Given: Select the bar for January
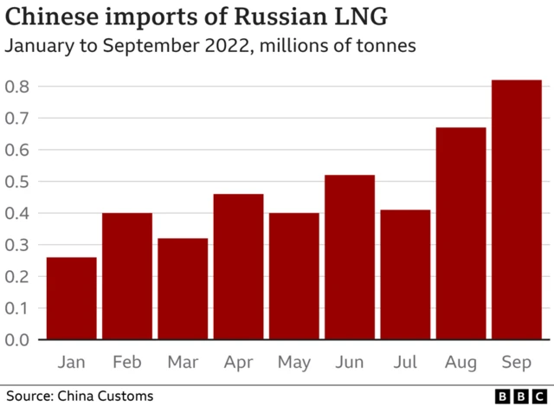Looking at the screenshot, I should coord(71,299).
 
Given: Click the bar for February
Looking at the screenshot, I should coord(127,276).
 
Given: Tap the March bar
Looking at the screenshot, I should coord(183,289).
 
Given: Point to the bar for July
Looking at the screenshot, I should coord(405,274).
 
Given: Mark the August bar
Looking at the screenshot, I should coord(461,234).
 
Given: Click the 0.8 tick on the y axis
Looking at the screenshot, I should coord(18,87).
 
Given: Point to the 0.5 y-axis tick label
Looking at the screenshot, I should coord(18,182).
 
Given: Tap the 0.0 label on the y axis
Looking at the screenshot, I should coord(18,339).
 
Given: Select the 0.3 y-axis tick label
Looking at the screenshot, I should coord(18,245).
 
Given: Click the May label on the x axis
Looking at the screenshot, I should coord(294,361).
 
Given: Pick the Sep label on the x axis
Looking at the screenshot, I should coord(517,361).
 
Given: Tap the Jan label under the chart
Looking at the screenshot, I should coord(71,361).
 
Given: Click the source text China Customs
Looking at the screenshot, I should coord(105,396).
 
